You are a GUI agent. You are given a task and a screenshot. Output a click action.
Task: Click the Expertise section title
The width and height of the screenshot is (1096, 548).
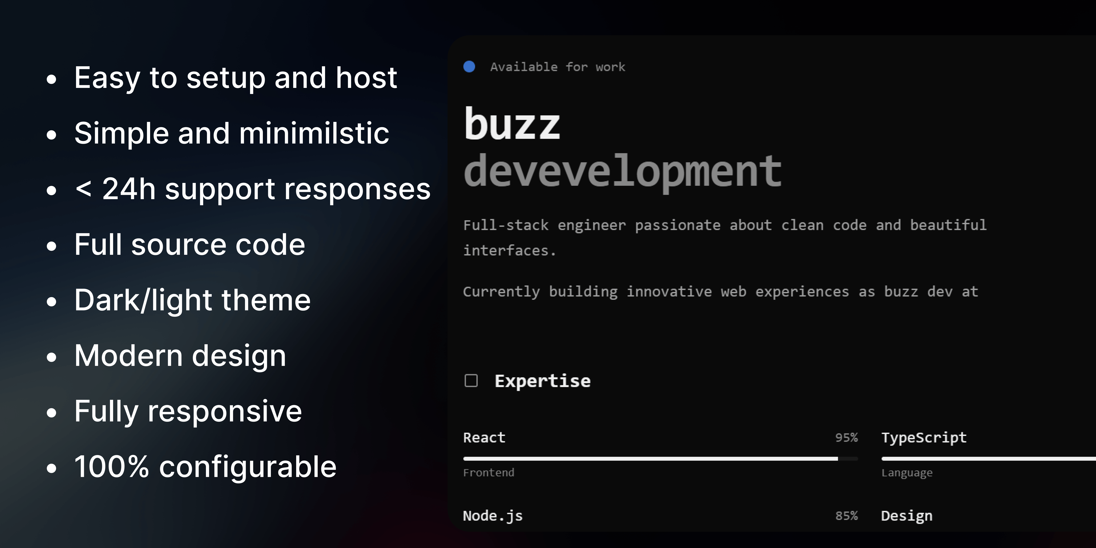click(x=542, y=381)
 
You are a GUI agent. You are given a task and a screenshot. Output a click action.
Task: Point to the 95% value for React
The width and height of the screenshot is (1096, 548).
click(x=846, y=437)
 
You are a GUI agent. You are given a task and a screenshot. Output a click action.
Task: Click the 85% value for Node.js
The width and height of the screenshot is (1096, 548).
click(x=846, y=516)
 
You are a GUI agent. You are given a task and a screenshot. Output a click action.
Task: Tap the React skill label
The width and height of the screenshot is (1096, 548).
click(x=484, y=437)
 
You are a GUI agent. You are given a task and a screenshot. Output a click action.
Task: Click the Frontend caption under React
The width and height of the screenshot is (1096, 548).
click(x=488, y=472)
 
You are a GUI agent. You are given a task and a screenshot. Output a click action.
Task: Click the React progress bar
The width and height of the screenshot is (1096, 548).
click(x=660, y=459)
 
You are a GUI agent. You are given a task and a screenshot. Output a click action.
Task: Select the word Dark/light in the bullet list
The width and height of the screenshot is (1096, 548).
click(x=143, y=300)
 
